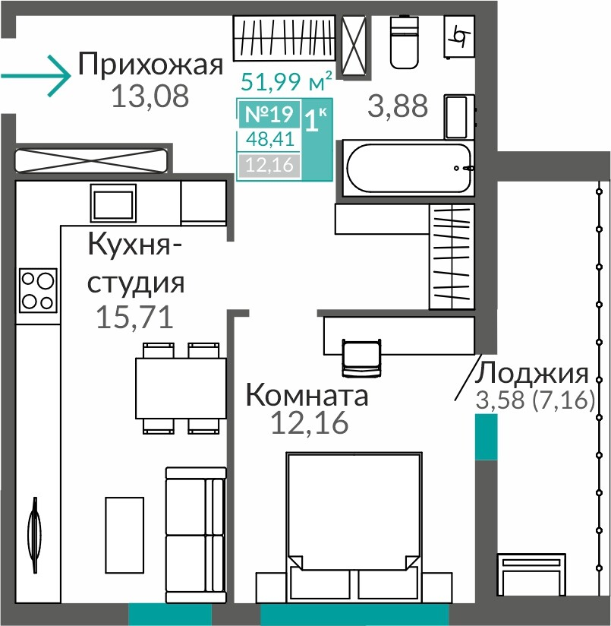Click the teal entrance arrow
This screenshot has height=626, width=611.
[36, 75]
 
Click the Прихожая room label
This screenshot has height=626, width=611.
[150, 65]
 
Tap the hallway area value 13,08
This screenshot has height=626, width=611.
[150, 96]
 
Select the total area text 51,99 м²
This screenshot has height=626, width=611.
[286, 81]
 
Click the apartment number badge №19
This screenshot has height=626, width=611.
[269, 114]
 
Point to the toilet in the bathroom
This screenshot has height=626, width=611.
[405, 42]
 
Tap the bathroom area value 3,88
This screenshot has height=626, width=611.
[398, 106]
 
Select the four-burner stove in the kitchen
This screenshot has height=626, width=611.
[38, 290]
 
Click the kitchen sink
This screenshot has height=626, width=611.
[113, 203]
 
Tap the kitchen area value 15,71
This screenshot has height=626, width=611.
[135, 318]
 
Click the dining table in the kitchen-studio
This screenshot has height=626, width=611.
[181, 388]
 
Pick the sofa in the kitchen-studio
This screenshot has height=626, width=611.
[195, 535]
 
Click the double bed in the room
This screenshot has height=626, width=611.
[354, 526]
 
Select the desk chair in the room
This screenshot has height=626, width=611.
[361, 358]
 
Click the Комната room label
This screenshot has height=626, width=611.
[307, 395]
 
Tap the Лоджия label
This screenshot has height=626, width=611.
[531, 373]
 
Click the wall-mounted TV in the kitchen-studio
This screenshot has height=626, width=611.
[35, 535]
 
